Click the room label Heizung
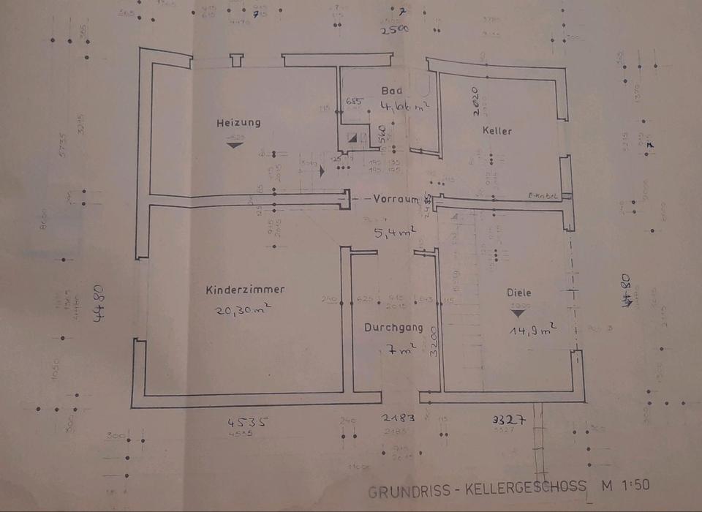(x=238, y=122)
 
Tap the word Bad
(x=393, y=91)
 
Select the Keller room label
(x=497, y=131)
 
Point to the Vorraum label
(x=396, y=199)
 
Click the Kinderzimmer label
(x=245, y=290)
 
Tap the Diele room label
(x=519, y=293)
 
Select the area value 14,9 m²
(x=533, y=330)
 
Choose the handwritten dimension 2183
(x=399, y=418)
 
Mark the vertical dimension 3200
(x=434, y=340)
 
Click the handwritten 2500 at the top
(x=394, y=30)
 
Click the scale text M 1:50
(x=624, y=485)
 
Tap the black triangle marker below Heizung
(x=235, y=144)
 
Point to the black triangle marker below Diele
(x=518, y=312)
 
